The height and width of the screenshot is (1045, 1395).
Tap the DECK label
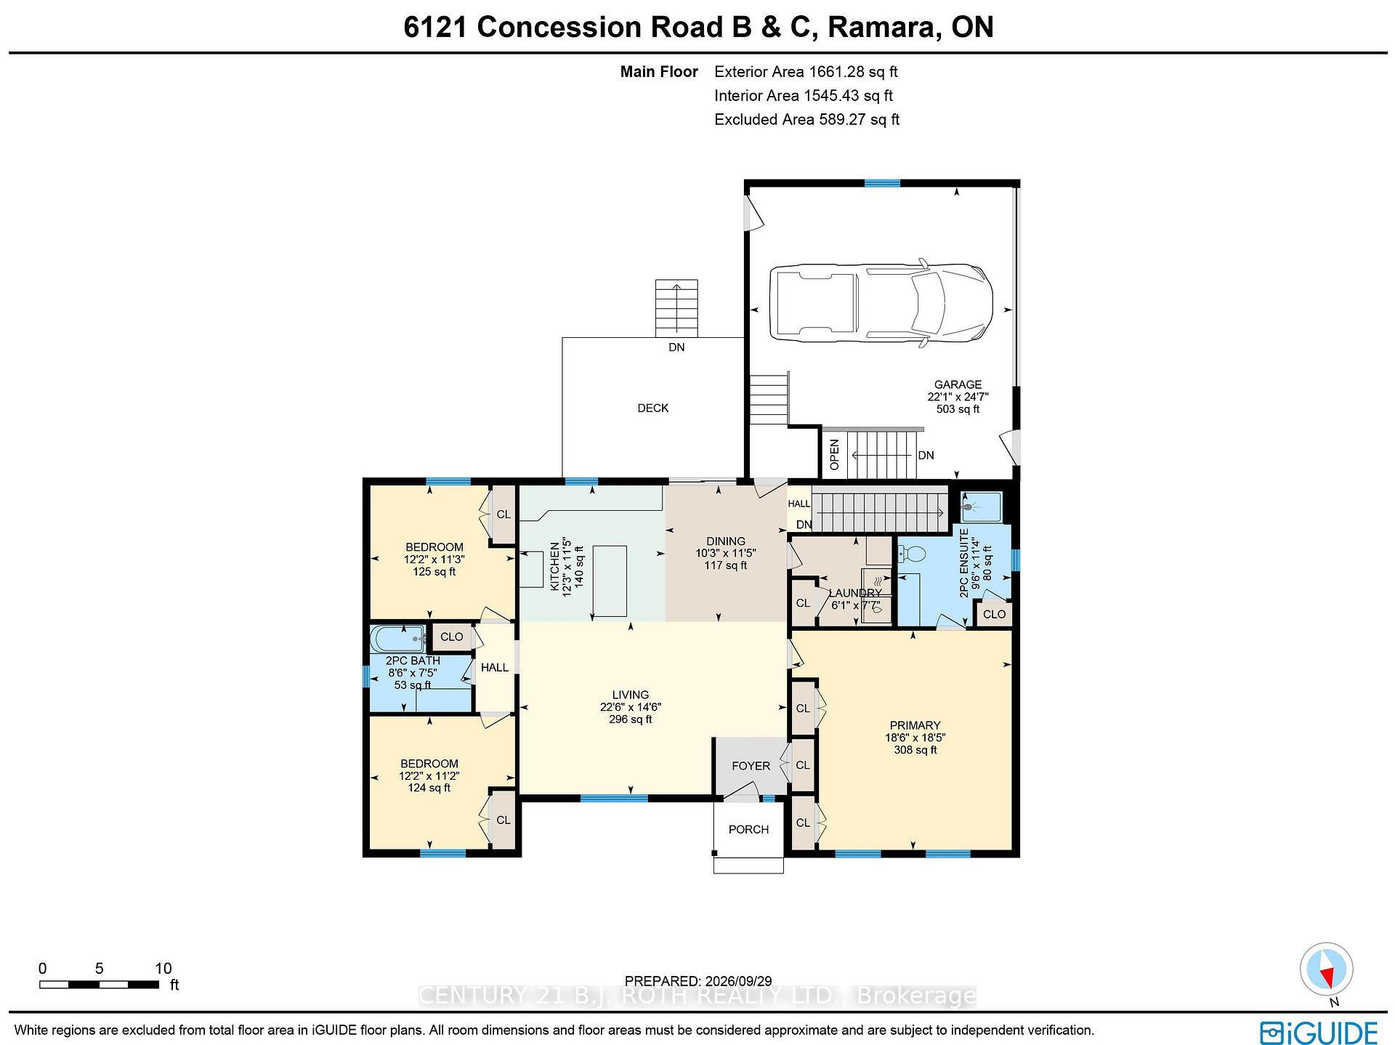(653, 408)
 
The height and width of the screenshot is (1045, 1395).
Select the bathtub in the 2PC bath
(397, 639)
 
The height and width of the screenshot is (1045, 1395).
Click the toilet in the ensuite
(911, 554)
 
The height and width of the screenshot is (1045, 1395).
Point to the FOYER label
(751, 766)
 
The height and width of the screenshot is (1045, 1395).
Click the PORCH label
(748, 829)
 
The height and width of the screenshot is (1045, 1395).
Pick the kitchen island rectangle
(610, 581)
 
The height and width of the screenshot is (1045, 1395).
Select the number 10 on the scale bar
(163, 968)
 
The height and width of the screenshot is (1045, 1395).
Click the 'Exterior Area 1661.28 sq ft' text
(806, 72)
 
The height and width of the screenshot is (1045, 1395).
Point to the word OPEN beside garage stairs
(834, 454)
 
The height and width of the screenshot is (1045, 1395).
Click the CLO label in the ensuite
(994, 614)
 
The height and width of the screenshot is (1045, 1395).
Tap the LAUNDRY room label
(855, 593)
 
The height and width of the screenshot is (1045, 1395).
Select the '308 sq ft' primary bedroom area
(915, 750)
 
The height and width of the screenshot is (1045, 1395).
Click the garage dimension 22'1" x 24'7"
(958, 397)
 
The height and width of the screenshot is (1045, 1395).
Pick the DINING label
(726, 541)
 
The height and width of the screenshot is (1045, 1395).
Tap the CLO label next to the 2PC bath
(451, 637)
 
